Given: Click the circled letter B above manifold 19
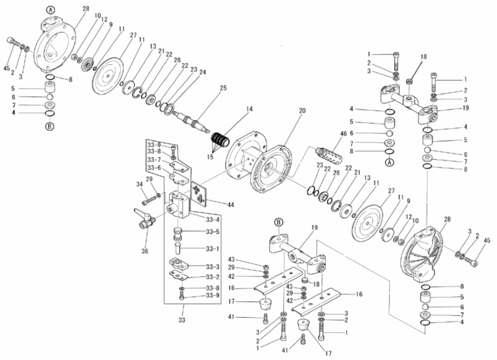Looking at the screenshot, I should pos(277,222).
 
